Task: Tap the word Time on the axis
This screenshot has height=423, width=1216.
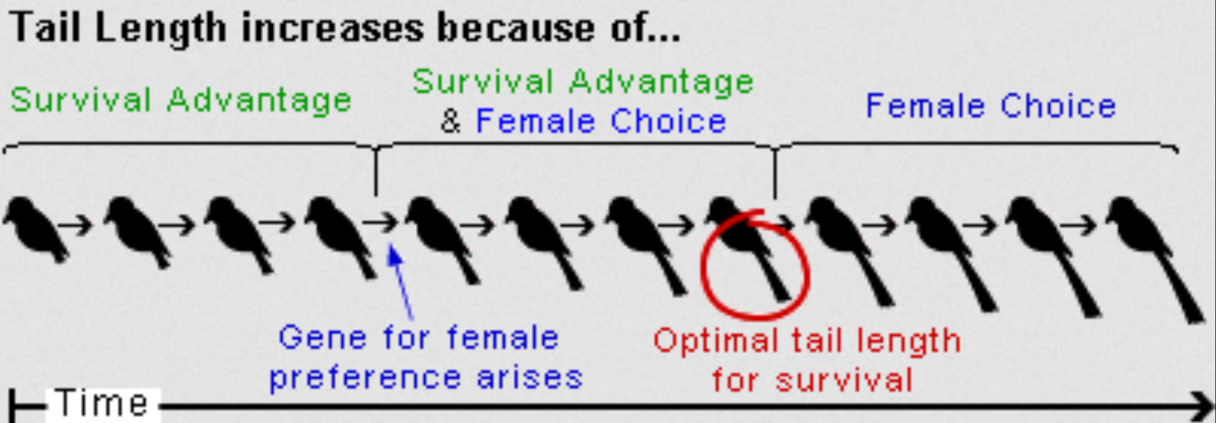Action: click(x=102, y=403)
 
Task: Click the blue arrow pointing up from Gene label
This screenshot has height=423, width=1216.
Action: click(x=403, y=284)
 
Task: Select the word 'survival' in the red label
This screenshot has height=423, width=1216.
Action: click(x=846, y=381)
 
